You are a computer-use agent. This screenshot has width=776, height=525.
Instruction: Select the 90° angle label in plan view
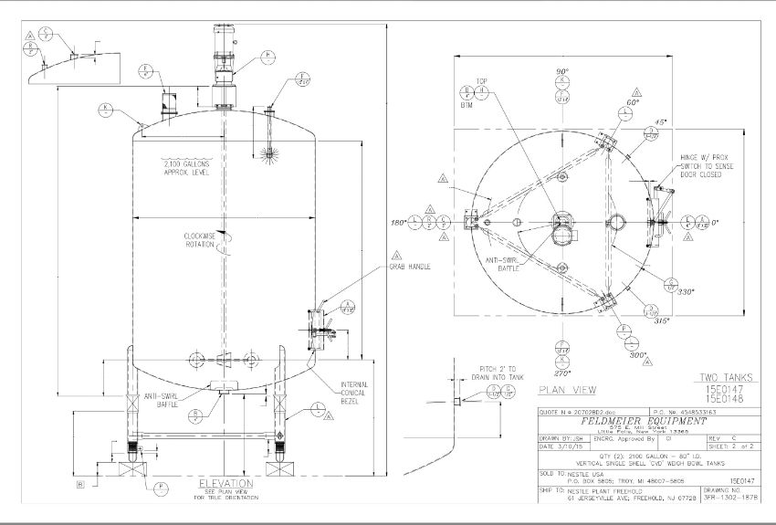tap(562, 70)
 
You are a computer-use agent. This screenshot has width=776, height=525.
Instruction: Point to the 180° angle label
tap(397, 222)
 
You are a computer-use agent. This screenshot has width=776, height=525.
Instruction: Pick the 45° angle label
tap(662, 122)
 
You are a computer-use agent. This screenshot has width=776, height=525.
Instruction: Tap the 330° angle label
tap(686, 292)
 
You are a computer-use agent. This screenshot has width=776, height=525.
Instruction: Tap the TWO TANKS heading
tap(727, 376)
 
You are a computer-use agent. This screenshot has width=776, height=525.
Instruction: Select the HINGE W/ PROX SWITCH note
tap(701, 165)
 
